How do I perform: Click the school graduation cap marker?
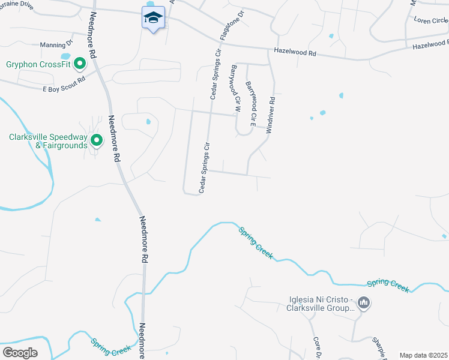pyautogui.click(x=153, y=17)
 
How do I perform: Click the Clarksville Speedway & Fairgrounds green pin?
pyautogui.click(x=97, y=141)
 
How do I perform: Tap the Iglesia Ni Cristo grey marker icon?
pyautogui.click(x=363, y=304)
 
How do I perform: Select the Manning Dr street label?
pyautogui.click(x=56, y=44)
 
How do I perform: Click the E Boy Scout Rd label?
pyautogui.click(x=64, y=84)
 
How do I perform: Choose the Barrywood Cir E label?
pyautogui.click(x=251, y=104)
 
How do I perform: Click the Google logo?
pyautogui.click(x=20, y=352)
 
